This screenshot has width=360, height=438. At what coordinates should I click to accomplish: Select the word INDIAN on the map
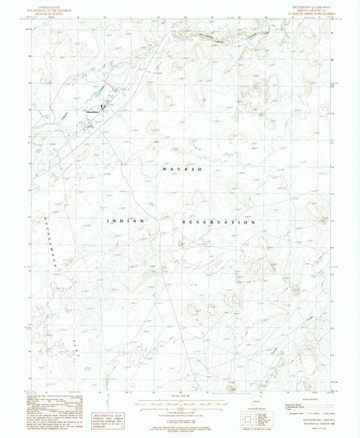pyautogui.click(x=122, y=221)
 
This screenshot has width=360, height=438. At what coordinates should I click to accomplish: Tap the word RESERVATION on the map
pyautogui.click(x=218, y=221)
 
